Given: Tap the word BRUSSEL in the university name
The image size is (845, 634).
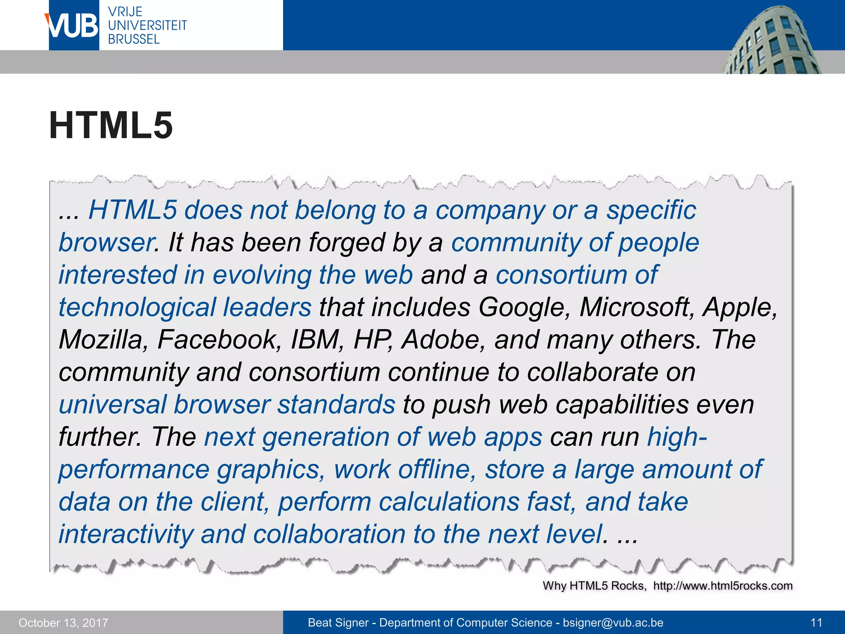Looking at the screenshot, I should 134,39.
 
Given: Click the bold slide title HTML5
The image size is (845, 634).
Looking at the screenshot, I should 111,125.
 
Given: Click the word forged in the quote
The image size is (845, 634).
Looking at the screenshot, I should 347,243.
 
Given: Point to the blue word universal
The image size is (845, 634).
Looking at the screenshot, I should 113,405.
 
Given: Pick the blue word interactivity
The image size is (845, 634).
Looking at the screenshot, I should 126,534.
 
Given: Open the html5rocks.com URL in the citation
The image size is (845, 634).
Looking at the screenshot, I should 723,586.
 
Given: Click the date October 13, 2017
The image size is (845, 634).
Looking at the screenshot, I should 63,622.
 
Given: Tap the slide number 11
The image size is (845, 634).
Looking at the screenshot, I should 816,622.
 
